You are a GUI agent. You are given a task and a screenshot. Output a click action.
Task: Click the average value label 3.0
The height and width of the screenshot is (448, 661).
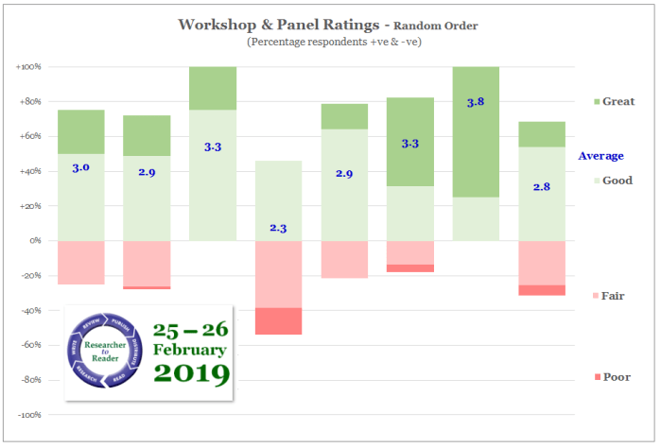(x=80, y=167)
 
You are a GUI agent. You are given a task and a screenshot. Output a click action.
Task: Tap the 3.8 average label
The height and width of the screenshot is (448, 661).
(x=475, y=102)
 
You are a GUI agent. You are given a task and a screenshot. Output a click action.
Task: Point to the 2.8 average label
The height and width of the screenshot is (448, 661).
(x=541, y=187)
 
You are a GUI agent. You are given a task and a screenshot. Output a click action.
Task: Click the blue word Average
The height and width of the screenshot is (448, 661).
(x=600, y=156)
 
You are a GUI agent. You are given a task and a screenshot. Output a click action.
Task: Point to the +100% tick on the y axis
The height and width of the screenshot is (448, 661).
(x=28, y=67)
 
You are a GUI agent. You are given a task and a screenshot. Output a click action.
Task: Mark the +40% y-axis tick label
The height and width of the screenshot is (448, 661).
(x=29, y=172)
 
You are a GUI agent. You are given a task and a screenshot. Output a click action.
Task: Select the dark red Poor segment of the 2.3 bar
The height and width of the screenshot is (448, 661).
(x=278, y=321)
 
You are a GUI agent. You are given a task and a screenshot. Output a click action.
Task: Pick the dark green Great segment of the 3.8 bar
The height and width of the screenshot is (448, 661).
(x=475, y=132)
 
